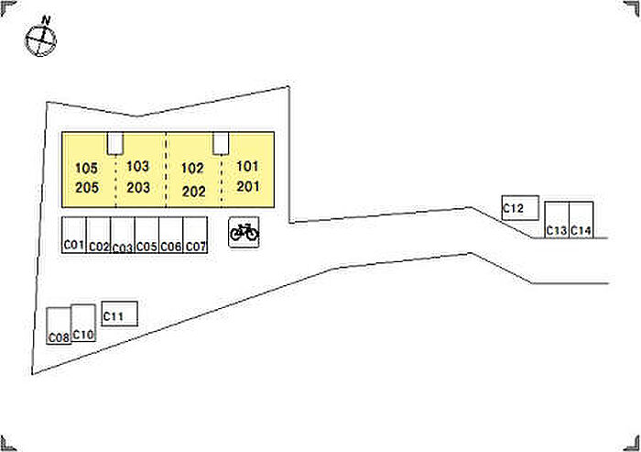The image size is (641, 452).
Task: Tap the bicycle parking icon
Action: [244, 233]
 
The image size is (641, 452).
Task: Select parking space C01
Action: [74, 236]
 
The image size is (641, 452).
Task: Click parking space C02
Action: [99, 236]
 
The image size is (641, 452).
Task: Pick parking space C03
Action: [123, 236]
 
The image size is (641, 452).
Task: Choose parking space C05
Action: [147, 236]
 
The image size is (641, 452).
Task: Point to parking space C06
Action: [171, 236]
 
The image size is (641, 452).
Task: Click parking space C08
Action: [59, 326]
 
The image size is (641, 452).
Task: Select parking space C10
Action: [83, 324]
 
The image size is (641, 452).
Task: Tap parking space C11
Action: [119, 314]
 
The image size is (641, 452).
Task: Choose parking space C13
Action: [557, 220]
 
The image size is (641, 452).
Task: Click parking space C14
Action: [581, 220]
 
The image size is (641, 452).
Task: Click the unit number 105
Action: [87, 169]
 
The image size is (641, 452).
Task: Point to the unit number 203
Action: [138, 188]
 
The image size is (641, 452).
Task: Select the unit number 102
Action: [192, 169]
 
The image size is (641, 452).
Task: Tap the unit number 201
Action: [248, 186]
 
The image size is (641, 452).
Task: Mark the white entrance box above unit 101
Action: [221, 143]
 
